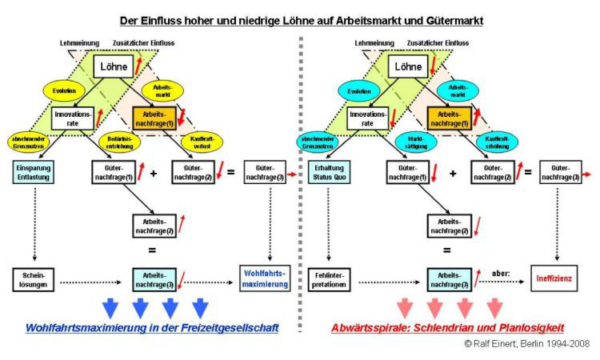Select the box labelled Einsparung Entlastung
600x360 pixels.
pyautogui.click(x=34, y=171)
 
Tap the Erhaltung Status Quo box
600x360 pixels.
pyautogui.click(x=329, y=171)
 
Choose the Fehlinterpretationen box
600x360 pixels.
pyautogui.click(x=328, y=279)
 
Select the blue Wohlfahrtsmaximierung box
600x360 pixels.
pyautogui.click(x=266, y=278)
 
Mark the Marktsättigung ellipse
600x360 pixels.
pyautogui.click(x=416, y=142)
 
